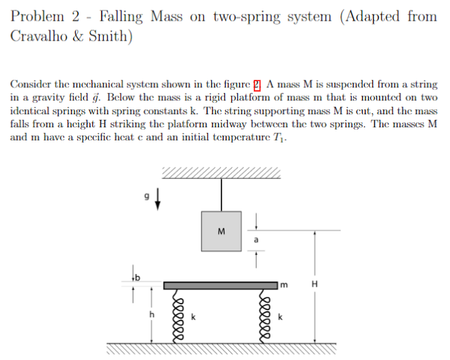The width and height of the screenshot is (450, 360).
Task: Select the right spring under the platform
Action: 263,313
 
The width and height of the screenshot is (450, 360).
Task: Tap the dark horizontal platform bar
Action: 220,284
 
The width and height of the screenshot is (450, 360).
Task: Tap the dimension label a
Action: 256,240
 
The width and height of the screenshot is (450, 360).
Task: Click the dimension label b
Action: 136,277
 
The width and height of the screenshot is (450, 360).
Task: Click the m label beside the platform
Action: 282,284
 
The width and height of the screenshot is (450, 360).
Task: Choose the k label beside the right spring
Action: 280,317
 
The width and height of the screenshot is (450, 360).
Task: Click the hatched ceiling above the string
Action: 222,172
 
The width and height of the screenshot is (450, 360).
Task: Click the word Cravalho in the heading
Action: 37,36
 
